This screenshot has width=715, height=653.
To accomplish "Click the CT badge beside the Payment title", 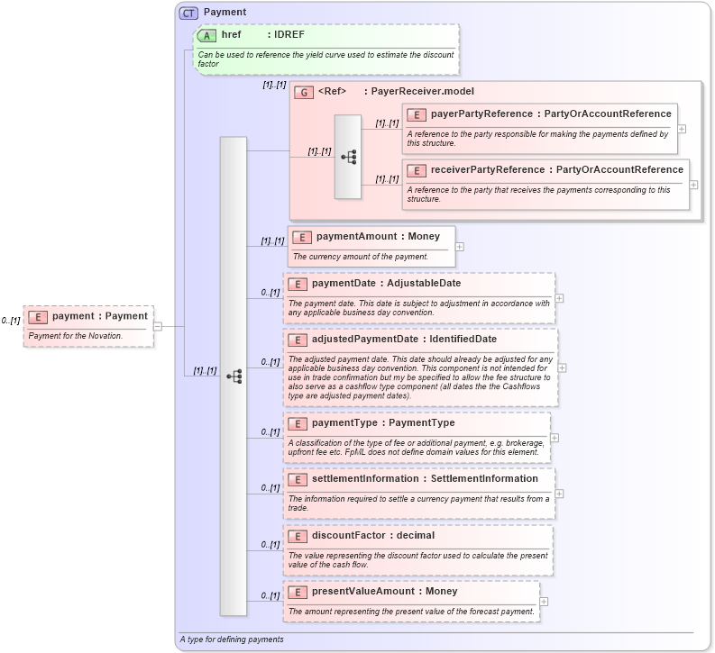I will coord(188,13).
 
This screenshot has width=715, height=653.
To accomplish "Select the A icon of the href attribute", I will coord(206,35).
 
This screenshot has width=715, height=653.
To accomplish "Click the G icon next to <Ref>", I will coord(304,92).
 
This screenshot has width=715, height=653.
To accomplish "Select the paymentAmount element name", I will coord(356,236).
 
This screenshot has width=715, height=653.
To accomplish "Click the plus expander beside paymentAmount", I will coord(460,246).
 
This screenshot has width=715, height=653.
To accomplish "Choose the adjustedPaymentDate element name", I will coord(364,339).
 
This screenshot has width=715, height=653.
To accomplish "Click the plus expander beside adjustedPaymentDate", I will coord(562,367).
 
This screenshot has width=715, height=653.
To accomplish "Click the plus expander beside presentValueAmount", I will coord(544,601).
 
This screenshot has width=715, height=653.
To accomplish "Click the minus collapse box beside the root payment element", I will coord(157,326).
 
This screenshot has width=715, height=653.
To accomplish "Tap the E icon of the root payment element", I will coord(38,316).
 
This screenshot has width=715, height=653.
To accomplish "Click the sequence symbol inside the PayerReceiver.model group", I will coord(348,157).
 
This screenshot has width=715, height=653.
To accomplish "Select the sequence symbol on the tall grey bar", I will coord(234,376).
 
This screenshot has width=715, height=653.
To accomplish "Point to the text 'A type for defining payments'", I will coord(232,639).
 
